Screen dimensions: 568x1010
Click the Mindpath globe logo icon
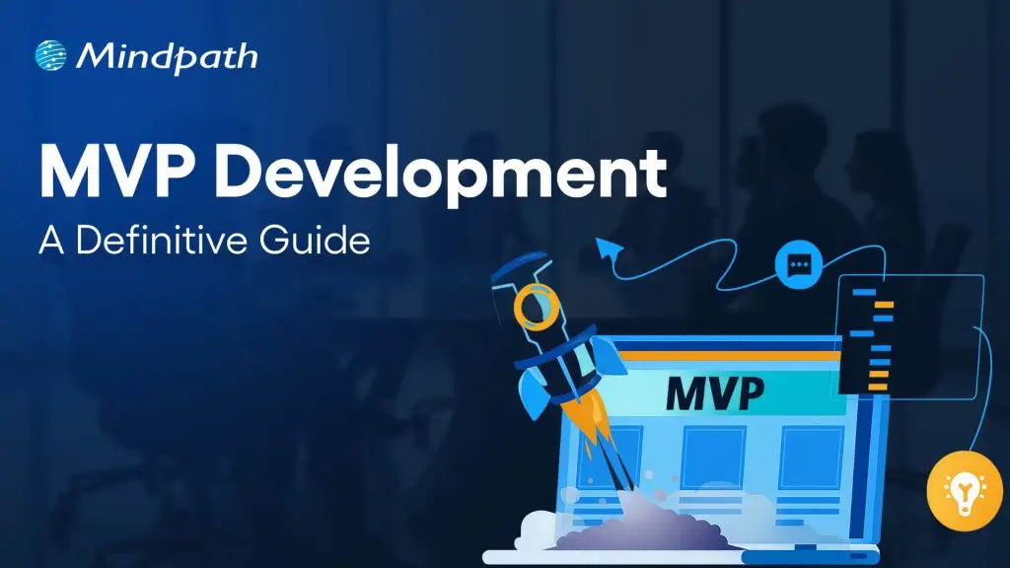(x=51, y=55)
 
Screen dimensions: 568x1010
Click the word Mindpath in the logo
(x=165, y=55)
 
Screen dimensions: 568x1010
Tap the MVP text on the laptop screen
(x=714, y=391)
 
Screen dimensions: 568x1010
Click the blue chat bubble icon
(x=799, y=264)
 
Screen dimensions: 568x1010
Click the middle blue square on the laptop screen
(x=713, y=457)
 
